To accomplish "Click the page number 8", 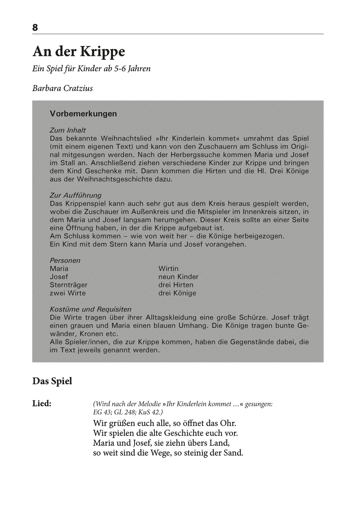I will (x=35, y=27).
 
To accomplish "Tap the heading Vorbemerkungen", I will (x=84, y=114).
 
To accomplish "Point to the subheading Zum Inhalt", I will (x=68, y=130).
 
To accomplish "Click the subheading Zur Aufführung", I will (x=75, y=196).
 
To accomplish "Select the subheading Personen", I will (x=65, y=260).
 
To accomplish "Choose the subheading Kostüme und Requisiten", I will (x=90, y=309).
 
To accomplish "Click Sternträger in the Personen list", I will (x=68, y=285).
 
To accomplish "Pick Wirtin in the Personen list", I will (x=168, y=269).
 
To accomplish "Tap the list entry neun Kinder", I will (x=178, y=277).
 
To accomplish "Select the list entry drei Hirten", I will (x=176, y=285).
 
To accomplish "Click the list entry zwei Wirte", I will (x=68, y=293).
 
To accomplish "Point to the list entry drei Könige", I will (x=177, y=293).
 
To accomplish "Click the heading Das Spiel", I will (x=52, y=381).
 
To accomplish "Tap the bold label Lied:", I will (x=42, y=403).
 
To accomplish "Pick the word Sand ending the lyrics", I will (x=234, y=453).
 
